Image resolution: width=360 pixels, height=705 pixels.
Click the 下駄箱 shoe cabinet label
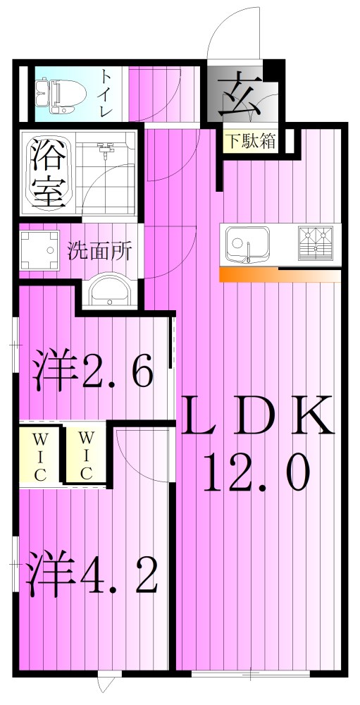point(250,140)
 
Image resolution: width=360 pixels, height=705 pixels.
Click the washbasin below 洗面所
point(108,290)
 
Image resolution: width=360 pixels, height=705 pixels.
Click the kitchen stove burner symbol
point(316,241)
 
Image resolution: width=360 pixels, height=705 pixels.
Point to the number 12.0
point(256,473)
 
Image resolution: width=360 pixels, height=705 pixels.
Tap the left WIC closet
point(38,455)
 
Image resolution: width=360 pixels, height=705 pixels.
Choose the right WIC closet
point(85,455)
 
